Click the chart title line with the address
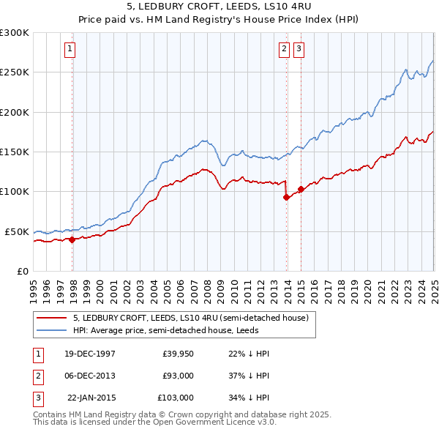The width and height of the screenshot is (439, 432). (219, 8)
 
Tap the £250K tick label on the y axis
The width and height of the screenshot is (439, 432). (15, 72)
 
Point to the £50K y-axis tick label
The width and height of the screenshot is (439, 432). (18, 231)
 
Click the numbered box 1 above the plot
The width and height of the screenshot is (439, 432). (70, 49)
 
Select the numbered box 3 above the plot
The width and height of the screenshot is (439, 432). (299, 49)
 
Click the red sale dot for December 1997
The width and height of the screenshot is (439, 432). (72, 239)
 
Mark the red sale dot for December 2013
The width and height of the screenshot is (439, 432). (286, 197)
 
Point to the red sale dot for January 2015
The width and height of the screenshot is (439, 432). (301, 189)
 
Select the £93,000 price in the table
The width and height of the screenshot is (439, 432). (178, 376)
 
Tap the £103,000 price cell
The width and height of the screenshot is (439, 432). (176, 398)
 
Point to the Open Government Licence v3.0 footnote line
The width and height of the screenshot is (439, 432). (155, 422)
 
